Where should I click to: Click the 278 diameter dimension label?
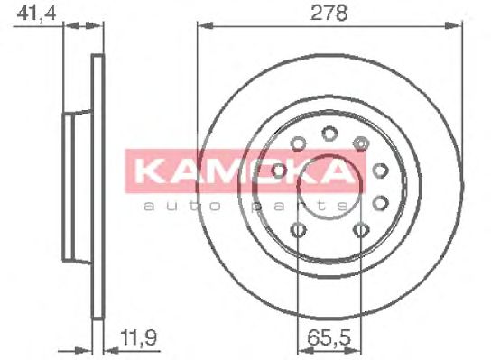pos(329,14)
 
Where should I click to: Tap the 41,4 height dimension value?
pos(36,14)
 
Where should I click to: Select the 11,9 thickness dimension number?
pos(138,337)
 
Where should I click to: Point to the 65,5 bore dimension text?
pos(329,337)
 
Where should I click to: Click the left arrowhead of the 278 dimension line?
pos(206,25)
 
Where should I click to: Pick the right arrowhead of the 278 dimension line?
pos(453,25)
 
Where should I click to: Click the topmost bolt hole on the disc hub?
pos(329,134)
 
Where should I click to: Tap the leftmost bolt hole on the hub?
pos(279,171)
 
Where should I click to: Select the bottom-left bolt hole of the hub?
pos(298,230)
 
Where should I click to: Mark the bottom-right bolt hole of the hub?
pos(360,230)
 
